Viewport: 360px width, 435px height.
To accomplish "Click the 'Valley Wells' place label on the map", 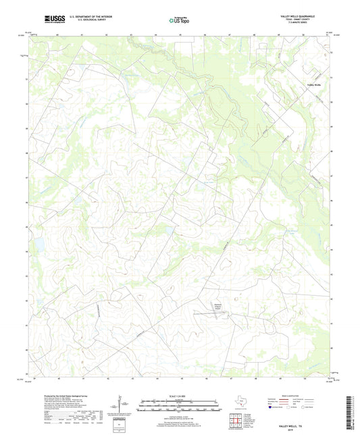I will pyautogui.click(x=315, y=84).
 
